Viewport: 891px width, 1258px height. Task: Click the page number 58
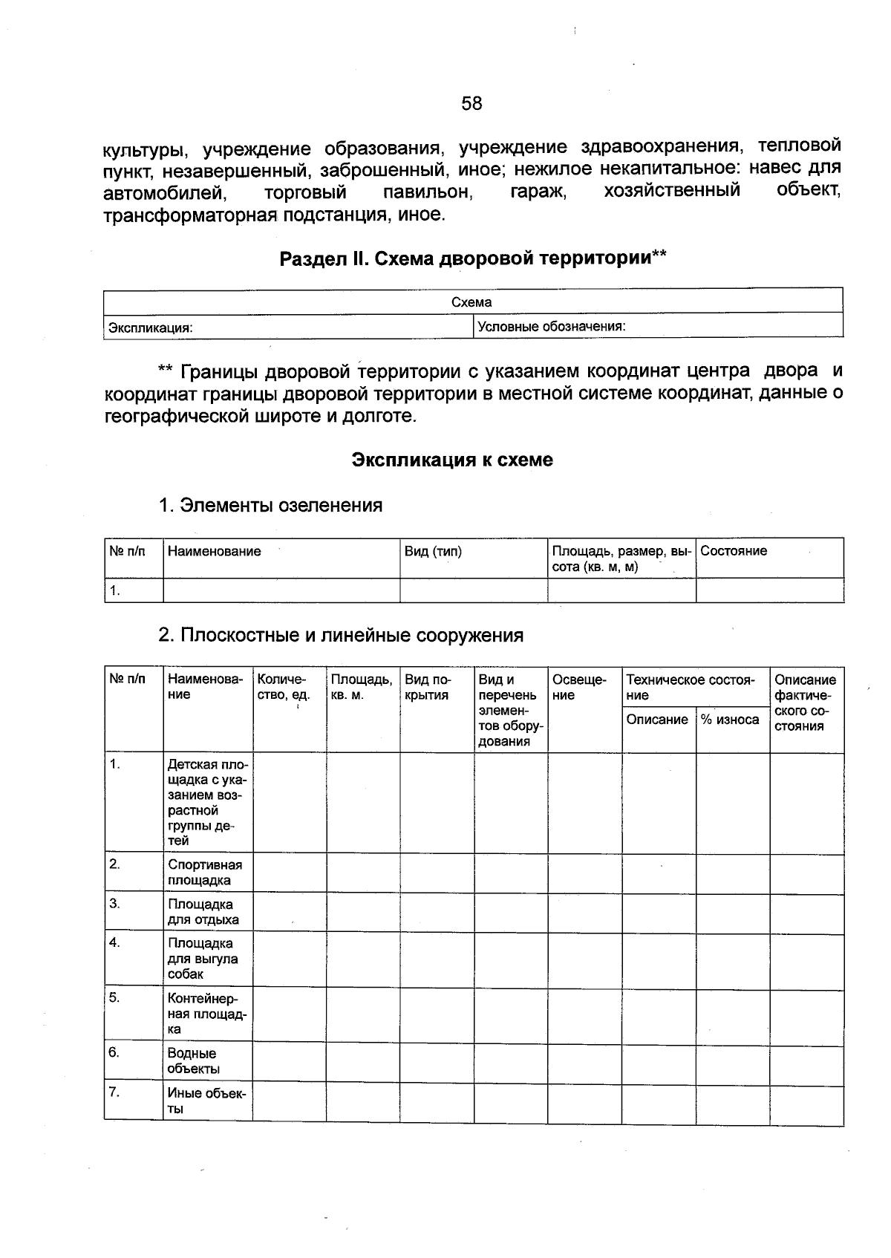click(x=471, y=103)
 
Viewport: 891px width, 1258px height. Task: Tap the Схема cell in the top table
click(x=471, y=302)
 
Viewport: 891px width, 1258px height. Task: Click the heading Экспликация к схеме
click(x=452, y=460)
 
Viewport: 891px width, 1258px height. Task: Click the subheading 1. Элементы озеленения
click(x=270, y=506)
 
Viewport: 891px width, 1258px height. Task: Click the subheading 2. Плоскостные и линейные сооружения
click(x=340, y=636)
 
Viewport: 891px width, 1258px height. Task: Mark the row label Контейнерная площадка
click(x=206, y=1013)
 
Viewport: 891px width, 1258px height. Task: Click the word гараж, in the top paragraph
click(x=538, y=191)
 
